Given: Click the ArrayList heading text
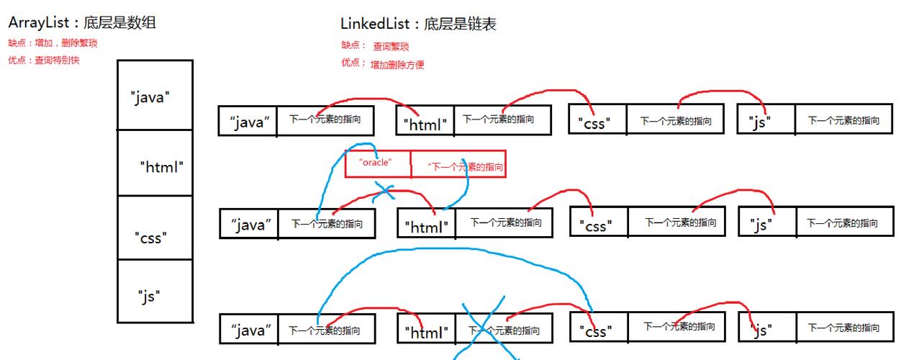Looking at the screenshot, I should click(82, 23).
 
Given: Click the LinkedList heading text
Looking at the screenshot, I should click(418, 24).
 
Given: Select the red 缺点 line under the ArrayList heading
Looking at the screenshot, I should click(53, 43).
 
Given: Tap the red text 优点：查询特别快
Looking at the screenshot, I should click(44, 60).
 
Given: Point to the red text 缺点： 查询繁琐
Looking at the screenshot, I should click(375, 46).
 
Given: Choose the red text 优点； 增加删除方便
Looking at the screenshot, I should click(383, 64).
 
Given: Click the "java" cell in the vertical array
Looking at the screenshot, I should click(155, 96).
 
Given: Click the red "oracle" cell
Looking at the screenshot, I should click(377, 163).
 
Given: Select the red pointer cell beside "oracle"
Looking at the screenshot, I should click(458, 165).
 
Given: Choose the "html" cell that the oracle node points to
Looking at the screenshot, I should click(426, 225).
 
